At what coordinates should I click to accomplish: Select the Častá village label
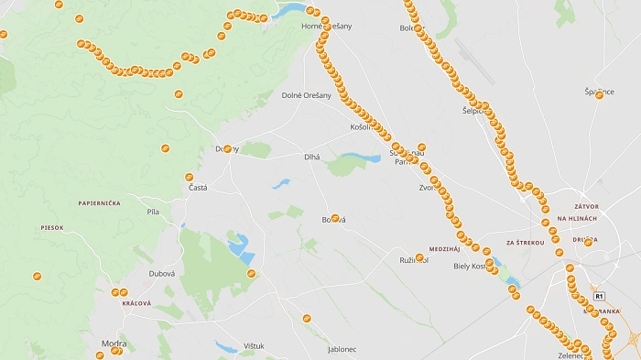point(198,188)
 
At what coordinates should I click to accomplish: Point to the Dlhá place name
point(312,158)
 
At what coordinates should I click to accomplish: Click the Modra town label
point(114,344)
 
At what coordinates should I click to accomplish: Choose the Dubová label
point(161,273)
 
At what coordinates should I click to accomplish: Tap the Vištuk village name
point(254,346)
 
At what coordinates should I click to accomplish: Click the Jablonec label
point(342,349)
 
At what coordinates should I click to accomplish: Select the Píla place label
point(153,212)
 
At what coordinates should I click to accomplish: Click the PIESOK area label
point(52,227)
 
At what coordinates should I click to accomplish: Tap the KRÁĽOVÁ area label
point(136,302)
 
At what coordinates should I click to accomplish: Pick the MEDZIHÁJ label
point(444,248)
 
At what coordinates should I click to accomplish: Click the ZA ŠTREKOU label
point(525,243)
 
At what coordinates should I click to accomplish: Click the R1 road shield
point(599,296)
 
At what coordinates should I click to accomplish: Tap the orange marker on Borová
point(335,218)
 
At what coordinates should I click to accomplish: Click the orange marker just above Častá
point(190,177)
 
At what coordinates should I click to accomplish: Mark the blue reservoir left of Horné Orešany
point(291,11)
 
